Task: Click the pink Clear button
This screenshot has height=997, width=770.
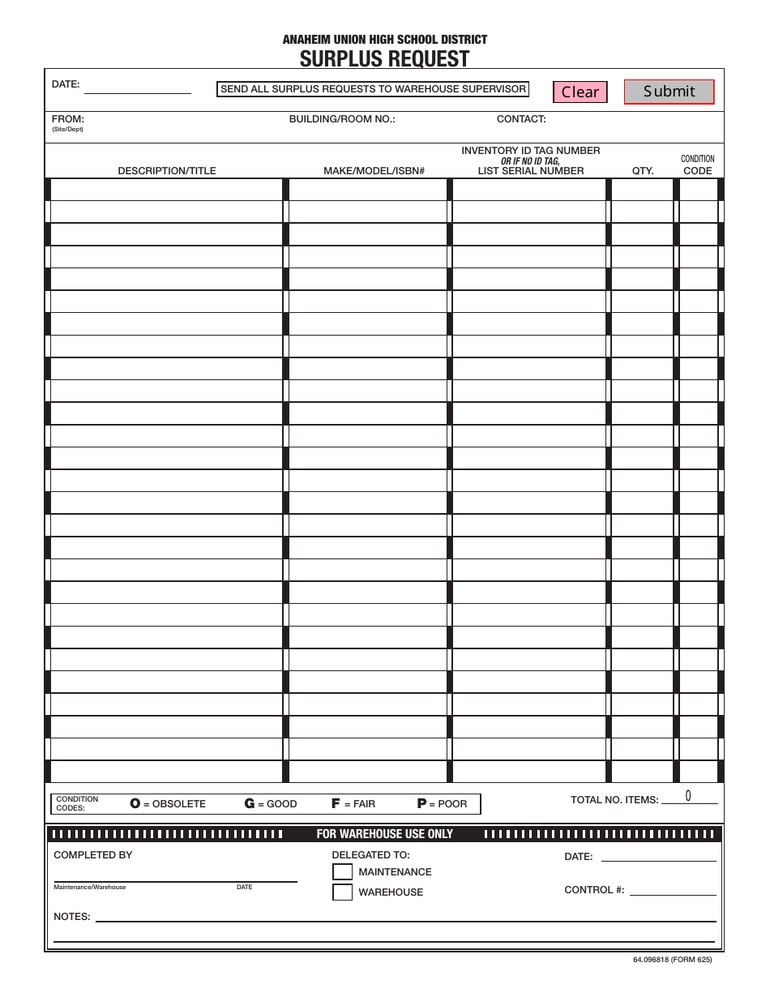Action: coord(580,92)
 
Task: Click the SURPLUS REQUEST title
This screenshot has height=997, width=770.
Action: coord(384,59)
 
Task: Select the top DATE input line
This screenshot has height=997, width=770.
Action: coord(138,87)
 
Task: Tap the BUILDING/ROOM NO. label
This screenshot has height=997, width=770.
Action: coord(342,119)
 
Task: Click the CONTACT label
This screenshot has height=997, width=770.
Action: coord(521,119)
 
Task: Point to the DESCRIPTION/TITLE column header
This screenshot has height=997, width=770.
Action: coord(167,171)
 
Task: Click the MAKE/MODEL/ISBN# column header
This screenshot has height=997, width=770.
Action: coord(374,171)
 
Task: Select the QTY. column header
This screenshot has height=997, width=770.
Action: coord(643,171)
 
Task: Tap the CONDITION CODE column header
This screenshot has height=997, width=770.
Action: coord(697,165)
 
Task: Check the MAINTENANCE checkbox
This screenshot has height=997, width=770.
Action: coord(343,872)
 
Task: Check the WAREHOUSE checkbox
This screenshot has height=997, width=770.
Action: coord(343,892)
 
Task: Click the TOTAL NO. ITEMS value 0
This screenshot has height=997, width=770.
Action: coord(688,796)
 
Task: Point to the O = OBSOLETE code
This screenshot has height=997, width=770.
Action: coord(169,804)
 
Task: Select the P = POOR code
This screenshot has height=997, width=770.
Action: coord(443,804)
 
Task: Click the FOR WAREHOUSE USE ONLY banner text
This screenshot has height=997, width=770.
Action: coord(384,834)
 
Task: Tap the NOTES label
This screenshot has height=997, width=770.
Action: coord(71,917)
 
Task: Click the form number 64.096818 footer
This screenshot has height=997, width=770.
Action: coord(672,960)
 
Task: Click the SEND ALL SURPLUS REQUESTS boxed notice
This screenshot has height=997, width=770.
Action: coord(373,89)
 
